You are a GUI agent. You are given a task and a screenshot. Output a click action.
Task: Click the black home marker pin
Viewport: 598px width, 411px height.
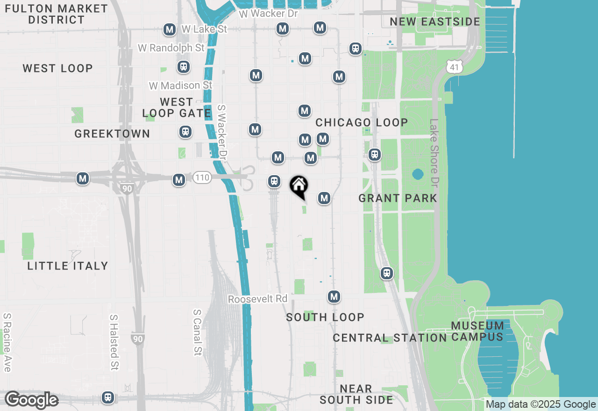(299, 187)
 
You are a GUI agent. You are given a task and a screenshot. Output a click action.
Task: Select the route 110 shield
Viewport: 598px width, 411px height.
(203, 177)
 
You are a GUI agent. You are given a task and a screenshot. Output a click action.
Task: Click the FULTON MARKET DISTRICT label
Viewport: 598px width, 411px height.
(56, 14)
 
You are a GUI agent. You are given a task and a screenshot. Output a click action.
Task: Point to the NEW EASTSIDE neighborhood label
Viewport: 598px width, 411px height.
(435, 22)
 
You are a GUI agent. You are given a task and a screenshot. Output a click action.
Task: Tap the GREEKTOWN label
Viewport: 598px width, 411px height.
(112, 134)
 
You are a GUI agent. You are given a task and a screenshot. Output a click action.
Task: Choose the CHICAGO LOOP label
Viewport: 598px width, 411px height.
(362, 122)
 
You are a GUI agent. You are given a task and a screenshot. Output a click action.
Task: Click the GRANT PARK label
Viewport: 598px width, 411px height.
(398, 198)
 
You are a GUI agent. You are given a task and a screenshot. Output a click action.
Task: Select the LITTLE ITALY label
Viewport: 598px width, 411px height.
(68, 266)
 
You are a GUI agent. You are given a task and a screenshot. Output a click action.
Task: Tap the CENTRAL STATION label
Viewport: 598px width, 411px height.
(390, 338)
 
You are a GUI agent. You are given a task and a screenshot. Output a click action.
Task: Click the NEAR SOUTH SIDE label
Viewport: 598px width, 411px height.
(356, 394)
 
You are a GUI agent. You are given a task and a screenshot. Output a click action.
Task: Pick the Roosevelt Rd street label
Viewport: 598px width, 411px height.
(257, 299)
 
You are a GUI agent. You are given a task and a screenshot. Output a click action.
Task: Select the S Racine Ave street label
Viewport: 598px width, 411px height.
(7, 342)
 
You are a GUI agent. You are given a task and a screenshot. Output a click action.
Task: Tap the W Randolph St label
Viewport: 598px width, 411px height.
(171, 48)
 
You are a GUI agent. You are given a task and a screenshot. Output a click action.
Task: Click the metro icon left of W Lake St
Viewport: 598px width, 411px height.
(169, 30)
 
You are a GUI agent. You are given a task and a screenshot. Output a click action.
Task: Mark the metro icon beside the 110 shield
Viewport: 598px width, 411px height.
(179, 180)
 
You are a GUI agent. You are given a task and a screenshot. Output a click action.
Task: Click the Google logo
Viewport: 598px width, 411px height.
(31, 400)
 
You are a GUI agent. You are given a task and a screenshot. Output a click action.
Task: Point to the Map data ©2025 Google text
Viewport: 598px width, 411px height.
(541, 404)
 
